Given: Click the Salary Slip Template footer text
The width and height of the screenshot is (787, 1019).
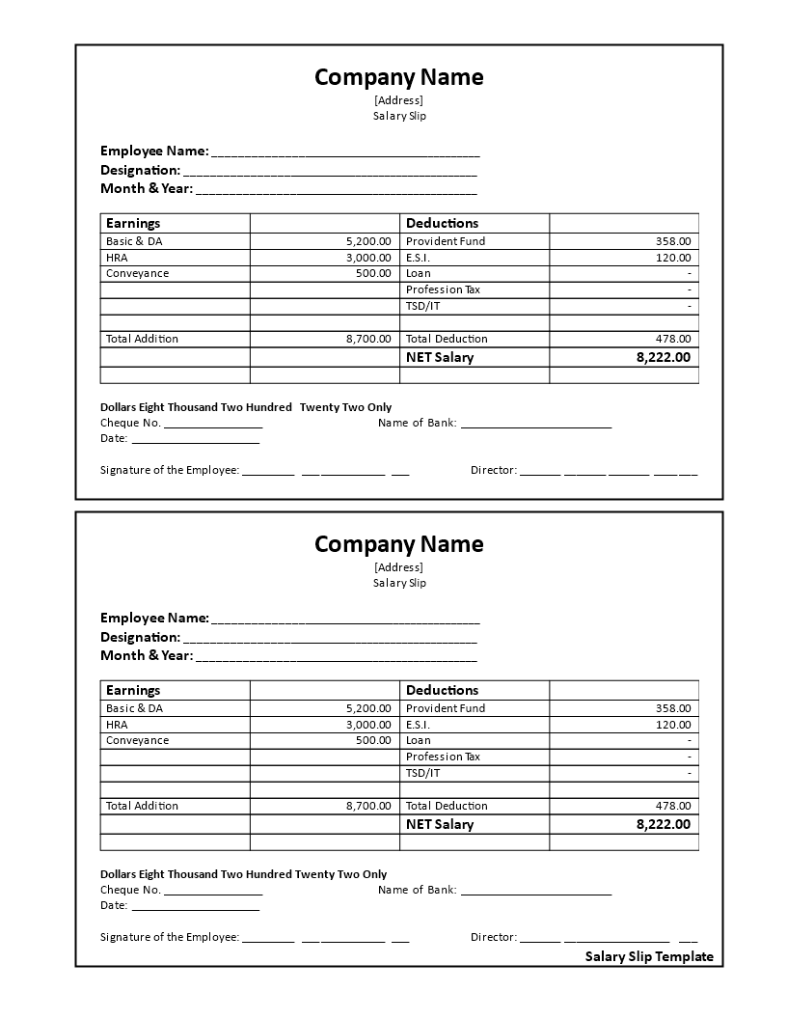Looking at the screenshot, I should point(649,957).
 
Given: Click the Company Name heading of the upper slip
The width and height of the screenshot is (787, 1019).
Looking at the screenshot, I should point(398,77).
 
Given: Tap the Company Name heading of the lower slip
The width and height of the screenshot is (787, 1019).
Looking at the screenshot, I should point(398,544).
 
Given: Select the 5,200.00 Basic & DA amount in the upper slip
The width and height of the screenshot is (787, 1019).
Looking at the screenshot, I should point(368,241).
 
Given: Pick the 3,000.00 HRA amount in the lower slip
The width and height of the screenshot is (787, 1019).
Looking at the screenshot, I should point(368,725).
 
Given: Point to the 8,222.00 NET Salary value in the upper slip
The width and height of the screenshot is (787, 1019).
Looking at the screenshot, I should point(663,357).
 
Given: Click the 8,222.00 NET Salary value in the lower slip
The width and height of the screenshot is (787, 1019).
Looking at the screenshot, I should point(663,824).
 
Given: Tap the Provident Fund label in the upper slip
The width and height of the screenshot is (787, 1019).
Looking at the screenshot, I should point(446,241).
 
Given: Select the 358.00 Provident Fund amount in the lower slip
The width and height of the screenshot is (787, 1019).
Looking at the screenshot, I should point(673,708).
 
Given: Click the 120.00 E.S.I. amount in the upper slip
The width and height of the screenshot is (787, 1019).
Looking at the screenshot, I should point(673,258).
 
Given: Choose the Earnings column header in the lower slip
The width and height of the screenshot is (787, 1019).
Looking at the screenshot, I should point(133,690).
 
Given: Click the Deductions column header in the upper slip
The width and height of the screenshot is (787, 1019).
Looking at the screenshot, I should point(442,223).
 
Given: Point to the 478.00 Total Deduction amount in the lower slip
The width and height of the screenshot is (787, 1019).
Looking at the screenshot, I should point(673,806).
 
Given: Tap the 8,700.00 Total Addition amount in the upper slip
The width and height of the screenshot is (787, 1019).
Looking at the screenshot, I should point(368,339).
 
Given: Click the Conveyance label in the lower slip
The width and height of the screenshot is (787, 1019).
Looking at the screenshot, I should point(137,741).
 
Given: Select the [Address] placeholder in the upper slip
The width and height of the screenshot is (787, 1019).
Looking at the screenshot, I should point(398,99).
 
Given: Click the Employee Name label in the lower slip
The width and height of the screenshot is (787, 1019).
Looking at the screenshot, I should point(154,618).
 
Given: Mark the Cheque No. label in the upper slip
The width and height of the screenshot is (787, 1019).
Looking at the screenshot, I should point(130,423).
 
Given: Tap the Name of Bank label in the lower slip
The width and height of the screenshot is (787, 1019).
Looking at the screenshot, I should point(417,890).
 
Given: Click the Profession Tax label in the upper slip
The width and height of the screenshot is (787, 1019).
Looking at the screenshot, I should point(443,289).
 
